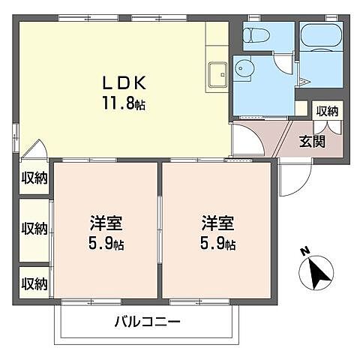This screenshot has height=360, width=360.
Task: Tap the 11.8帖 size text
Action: tap(123, 103)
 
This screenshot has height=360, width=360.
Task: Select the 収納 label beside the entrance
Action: tap(327, 111)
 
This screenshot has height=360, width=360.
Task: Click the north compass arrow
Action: tap(318, 273)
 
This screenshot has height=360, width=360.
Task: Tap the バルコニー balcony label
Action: tap(147, 323)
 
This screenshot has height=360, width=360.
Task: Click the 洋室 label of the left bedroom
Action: tap(106, 223)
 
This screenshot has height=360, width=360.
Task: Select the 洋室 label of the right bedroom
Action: tap(216, 223)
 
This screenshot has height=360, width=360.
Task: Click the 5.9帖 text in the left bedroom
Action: tap(106, 244)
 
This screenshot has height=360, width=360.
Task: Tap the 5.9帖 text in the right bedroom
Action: tap(217, 244)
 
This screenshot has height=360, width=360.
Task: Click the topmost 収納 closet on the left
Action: tap(34, 178)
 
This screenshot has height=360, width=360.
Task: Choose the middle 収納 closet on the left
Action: tap(34, 228)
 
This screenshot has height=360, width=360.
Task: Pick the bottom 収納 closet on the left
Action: tap(34, 283)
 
